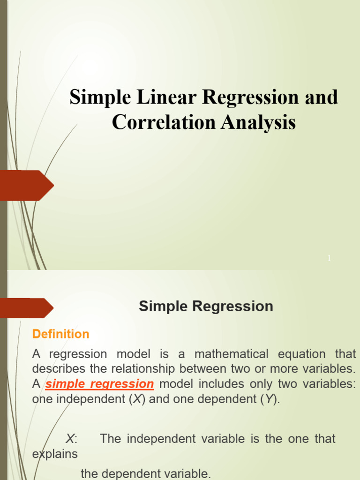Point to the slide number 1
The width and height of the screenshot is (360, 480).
329,258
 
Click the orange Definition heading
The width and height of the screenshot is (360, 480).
60,334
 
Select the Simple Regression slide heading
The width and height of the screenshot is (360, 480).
206,307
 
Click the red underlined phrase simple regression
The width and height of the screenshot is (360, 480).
99,384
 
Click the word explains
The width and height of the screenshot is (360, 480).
55,454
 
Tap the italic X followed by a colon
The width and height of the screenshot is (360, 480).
71,439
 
